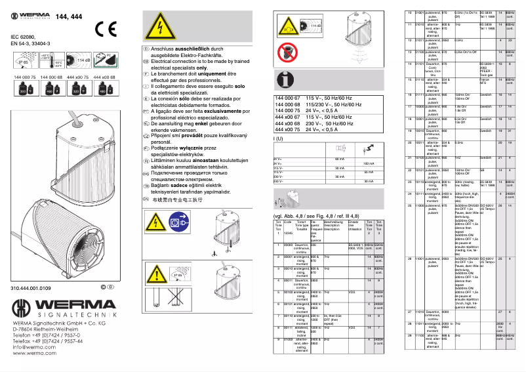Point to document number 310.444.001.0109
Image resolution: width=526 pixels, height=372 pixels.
(31, 288)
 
